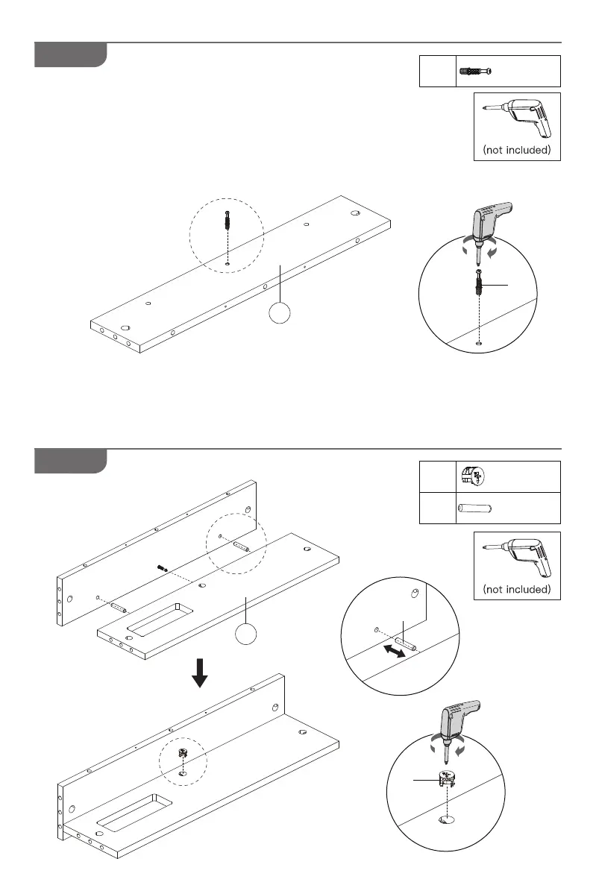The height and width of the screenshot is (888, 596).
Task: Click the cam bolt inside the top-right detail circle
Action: pos(478,284)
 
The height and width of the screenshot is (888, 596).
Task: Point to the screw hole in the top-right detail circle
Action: pos(477,344)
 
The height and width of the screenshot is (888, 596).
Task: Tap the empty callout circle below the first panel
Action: pos(280,314)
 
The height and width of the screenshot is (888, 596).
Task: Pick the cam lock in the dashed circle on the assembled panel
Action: pos(182,755)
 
